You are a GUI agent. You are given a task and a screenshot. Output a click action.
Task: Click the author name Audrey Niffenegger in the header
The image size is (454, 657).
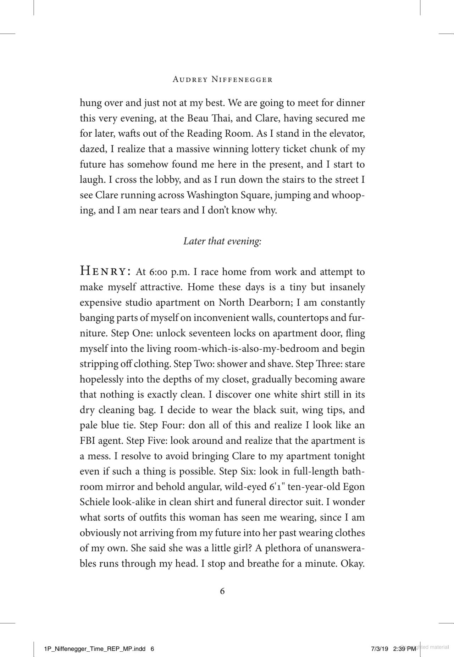[222, 80]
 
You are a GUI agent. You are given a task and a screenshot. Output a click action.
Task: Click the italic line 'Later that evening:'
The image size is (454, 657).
[222, 241]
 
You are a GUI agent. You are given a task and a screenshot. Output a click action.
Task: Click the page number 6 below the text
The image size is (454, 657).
[222, 591]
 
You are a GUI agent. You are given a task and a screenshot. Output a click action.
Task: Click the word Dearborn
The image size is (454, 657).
[268, 303]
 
